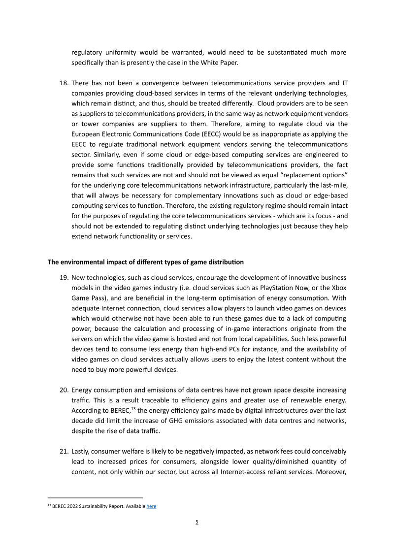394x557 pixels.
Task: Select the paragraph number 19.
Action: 64,277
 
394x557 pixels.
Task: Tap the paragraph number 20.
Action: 64,390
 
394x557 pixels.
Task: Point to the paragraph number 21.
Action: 64,451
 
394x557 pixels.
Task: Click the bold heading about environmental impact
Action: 145,262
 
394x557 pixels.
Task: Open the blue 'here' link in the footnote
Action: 151,506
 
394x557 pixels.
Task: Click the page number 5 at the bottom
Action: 197,522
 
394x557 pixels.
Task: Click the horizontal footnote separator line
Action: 95,497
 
